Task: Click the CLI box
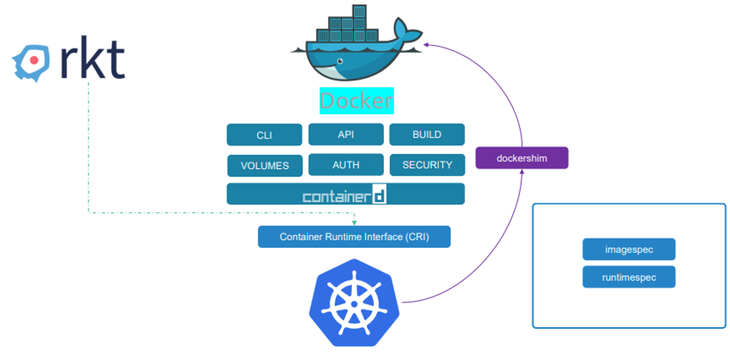pos(264,135)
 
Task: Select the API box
pos(346,134)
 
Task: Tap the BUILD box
pos(427,134)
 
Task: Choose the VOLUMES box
pos(265,165)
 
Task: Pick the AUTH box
pos(346,164)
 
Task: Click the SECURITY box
pos(427,165)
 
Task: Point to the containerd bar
pos(346,194)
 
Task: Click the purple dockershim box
pos(522,158)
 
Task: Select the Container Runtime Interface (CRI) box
pos(354,237)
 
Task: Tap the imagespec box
pos(629,249)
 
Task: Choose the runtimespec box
pos(629,277)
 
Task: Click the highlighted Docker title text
pos(356,101)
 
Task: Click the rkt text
pos(92,58)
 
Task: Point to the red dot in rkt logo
pos(34,61)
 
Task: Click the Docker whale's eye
pos(340,61)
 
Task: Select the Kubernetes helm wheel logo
pos(354,303)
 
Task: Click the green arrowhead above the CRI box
pos(354,223)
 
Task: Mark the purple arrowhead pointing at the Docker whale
pos(426,45)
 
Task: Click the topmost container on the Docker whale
pos(359,11)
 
